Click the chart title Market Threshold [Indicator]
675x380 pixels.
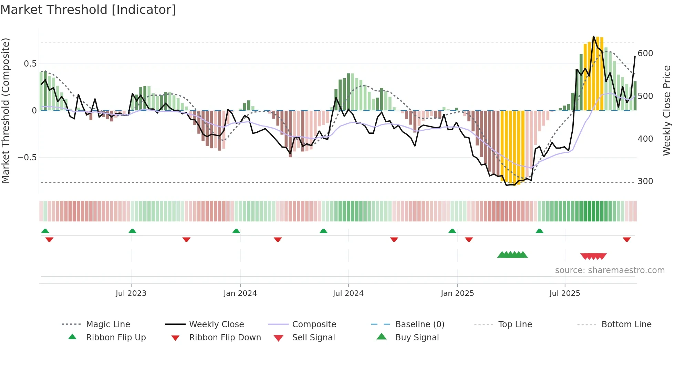point(88,10)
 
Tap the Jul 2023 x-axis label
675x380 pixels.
point(131,293)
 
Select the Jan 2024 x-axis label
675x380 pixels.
point(240,293)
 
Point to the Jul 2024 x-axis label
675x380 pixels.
point(348,293)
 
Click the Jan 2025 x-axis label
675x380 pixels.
point(457,293)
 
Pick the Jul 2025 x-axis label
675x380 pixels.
point(565,293)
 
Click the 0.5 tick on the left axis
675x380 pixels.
point(30,64)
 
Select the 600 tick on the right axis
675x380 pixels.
point(645,53)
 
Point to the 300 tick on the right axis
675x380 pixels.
point(645,181)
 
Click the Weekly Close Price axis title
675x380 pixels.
point(667,110)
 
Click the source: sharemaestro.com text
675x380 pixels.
point(610,270)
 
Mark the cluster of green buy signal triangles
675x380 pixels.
point(512,255)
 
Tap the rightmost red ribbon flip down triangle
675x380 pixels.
point(627,239)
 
